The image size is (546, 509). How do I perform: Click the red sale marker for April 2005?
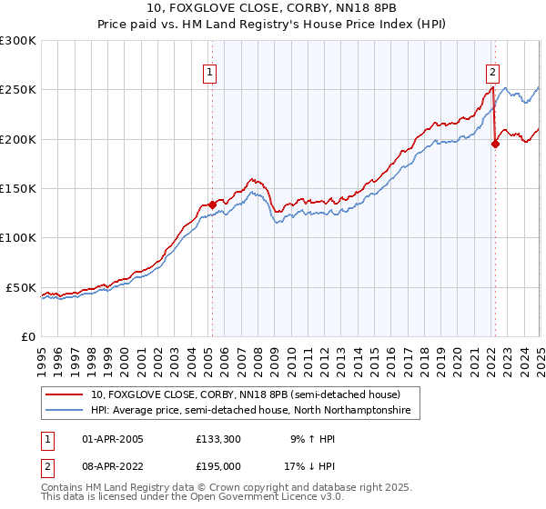coord(212,205)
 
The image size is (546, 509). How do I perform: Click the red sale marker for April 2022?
coord(495,144)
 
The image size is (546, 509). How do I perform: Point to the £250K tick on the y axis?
coord(18,90)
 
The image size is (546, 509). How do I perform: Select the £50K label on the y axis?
coord(22,287)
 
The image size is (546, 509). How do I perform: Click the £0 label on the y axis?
coord(29,336)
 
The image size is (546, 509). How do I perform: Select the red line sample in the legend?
coord(66,395)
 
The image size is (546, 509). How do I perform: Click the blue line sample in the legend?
coord(66,411)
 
